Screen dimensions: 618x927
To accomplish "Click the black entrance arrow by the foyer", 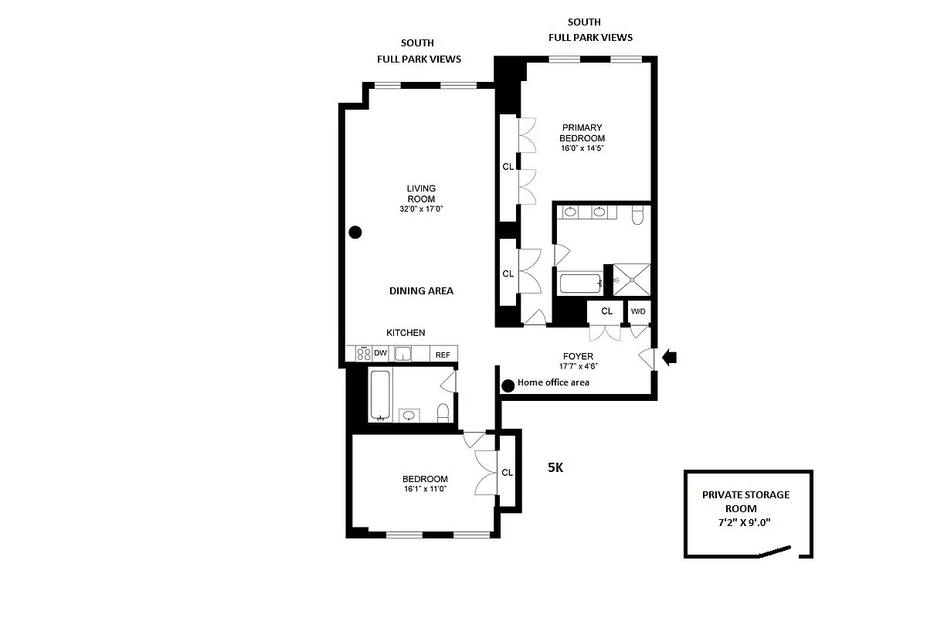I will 670,357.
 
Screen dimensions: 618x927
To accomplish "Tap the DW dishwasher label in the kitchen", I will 380,354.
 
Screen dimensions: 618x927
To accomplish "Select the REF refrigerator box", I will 443,355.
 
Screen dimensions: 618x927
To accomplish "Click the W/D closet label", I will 638,311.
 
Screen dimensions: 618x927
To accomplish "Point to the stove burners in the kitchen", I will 363,354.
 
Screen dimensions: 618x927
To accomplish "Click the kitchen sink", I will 402,354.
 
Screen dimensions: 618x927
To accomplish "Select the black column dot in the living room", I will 355,232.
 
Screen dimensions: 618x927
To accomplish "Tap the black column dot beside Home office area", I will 508,385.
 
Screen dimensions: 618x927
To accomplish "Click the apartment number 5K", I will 555,467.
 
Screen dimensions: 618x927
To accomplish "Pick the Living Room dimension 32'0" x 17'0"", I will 421,209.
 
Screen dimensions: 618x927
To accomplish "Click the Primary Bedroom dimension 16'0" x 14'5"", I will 582,148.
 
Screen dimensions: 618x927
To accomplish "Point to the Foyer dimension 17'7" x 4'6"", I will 578,367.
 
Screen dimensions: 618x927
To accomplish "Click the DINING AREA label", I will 421,291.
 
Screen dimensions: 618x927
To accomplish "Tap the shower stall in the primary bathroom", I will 632,280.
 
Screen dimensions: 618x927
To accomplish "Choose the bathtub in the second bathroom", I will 379,396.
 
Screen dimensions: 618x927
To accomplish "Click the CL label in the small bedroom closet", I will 508,473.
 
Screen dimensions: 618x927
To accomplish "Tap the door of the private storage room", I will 775,552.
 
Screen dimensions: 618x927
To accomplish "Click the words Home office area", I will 553,382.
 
